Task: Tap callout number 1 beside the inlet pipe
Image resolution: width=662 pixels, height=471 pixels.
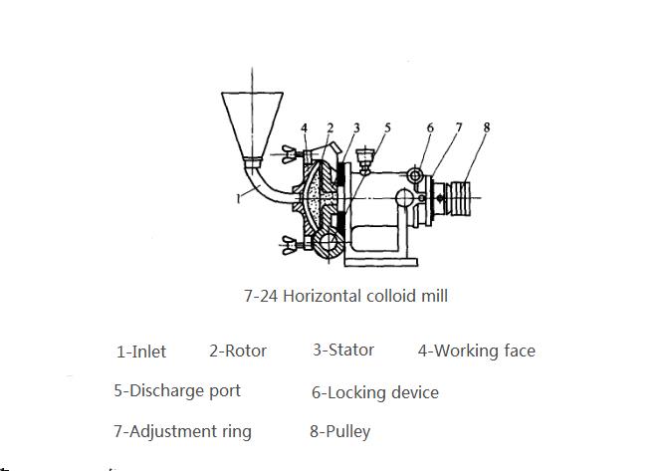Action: tap(239, 198)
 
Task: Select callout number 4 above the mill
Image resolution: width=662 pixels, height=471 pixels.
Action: tap(305, 128)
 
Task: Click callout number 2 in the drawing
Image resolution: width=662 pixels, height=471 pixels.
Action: tap(331, 128)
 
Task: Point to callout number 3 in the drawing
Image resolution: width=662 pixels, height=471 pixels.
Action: tap(356, 128)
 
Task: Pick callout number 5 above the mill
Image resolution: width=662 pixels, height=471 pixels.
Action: tap(387, 127)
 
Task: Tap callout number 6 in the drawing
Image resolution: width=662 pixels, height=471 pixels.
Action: tap(430, 127)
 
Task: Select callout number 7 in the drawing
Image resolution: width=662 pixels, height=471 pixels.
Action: tap(459, 127)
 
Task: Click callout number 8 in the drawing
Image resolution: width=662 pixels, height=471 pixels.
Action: tap(487, 127)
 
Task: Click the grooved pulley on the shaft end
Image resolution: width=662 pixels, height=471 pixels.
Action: tap(460, 198)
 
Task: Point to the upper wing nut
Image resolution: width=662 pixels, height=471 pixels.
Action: tap(290, 154)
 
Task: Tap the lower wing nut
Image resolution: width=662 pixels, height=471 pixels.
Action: tap(290, 245)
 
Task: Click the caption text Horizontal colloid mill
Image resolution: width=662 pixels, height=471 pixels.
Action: tap(365, 296)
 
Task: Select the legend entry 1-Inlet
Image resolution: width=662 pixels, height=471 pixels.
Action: tap(141, 352)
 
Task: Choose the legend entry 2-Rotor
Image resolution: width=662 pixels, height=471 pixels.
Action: tap(238, 351)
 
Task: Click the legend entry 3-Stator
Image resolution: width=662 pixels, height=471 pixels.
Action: tap(343, 350)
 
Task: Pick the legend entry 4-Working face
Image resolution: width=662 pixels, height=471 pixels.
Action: tap(477, 352)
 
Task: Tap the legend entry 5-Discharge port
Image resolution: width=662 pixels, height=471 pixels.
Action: tap(177, 390)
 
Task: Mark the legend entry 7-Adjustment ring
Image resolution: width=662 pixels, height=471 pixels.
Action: tap(183, 432)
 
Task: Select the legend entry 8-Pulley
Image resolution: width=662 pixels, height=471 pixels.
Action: tap(340, 432)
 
